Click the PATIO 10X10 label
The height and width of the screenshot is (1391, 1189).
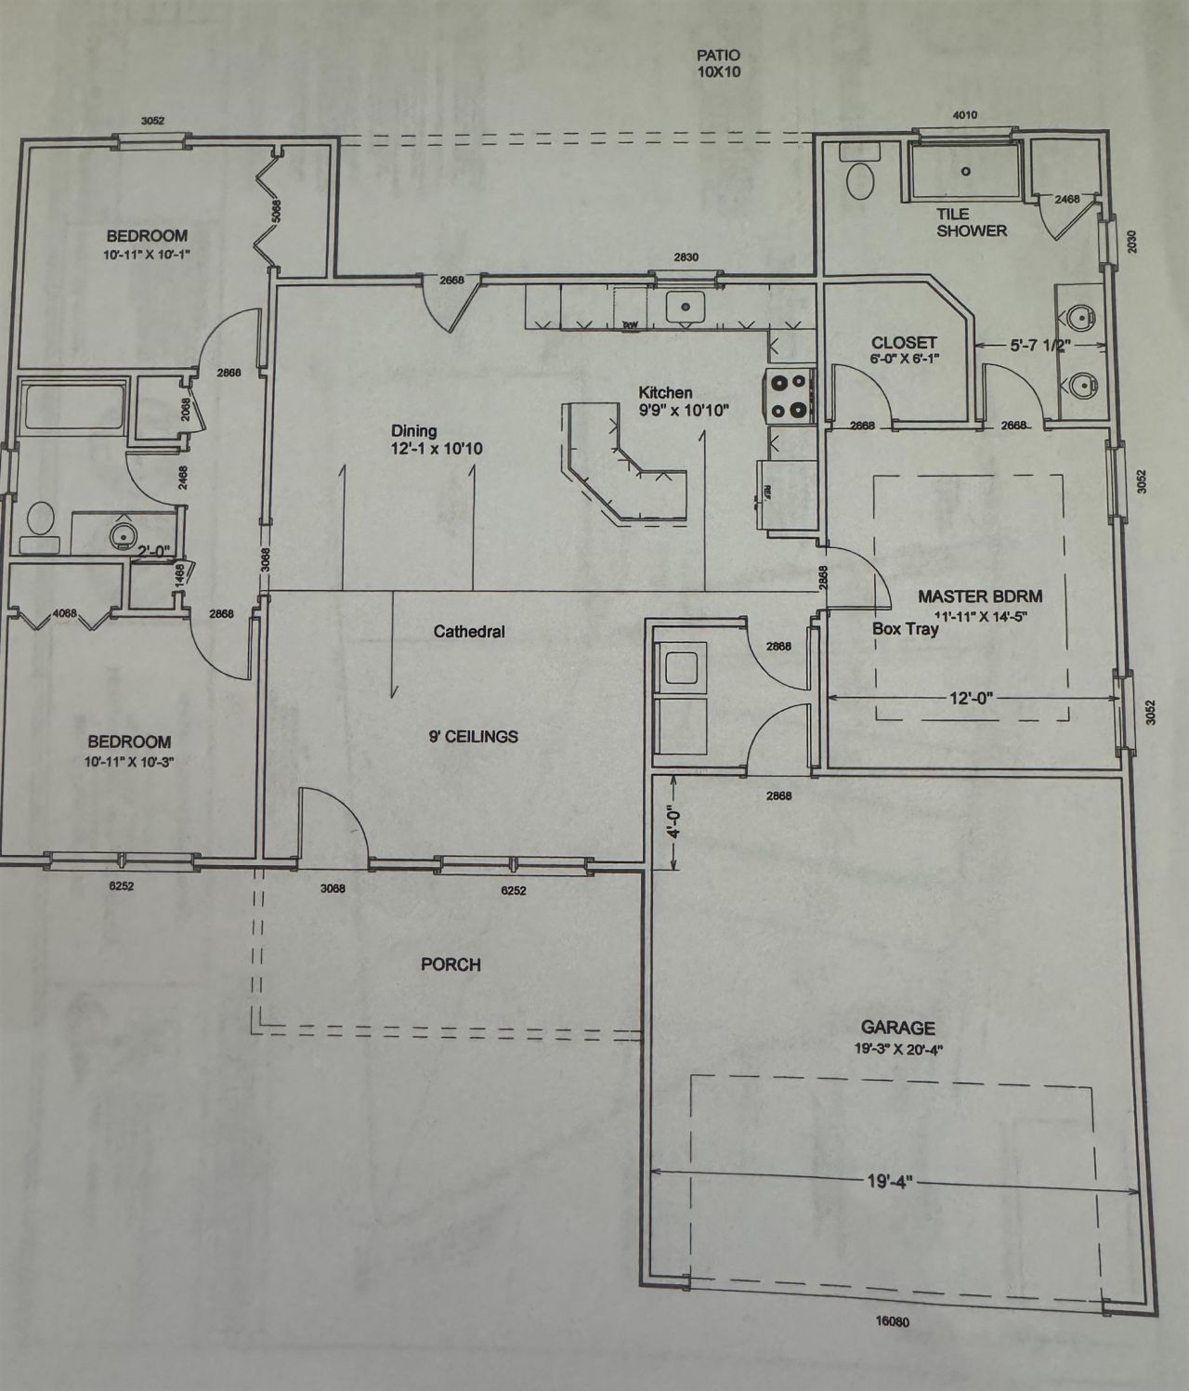pos(719,63)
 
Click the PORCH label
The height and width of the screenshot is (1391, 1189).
pos(451,965)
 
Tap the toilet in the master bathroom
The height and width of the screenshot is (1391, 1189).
pos(860,178)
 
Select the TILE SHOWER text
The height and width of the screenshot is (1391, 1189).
pos(971,222)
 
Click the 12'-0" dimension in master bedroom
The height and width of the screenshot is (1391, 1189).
pos(971,698)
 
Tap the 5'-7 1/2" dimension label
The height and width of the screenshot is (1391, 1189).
pos(1040,346)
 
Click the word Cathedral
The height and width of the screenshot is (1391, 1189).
pos(469,632)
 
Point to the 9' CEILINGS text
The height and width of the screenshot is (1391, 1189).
pos(473,737)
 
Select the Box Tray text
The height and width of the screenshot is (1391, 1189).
pos(905,629)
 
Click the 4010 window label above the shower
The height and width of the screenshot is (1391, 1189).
pos(965,115)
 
